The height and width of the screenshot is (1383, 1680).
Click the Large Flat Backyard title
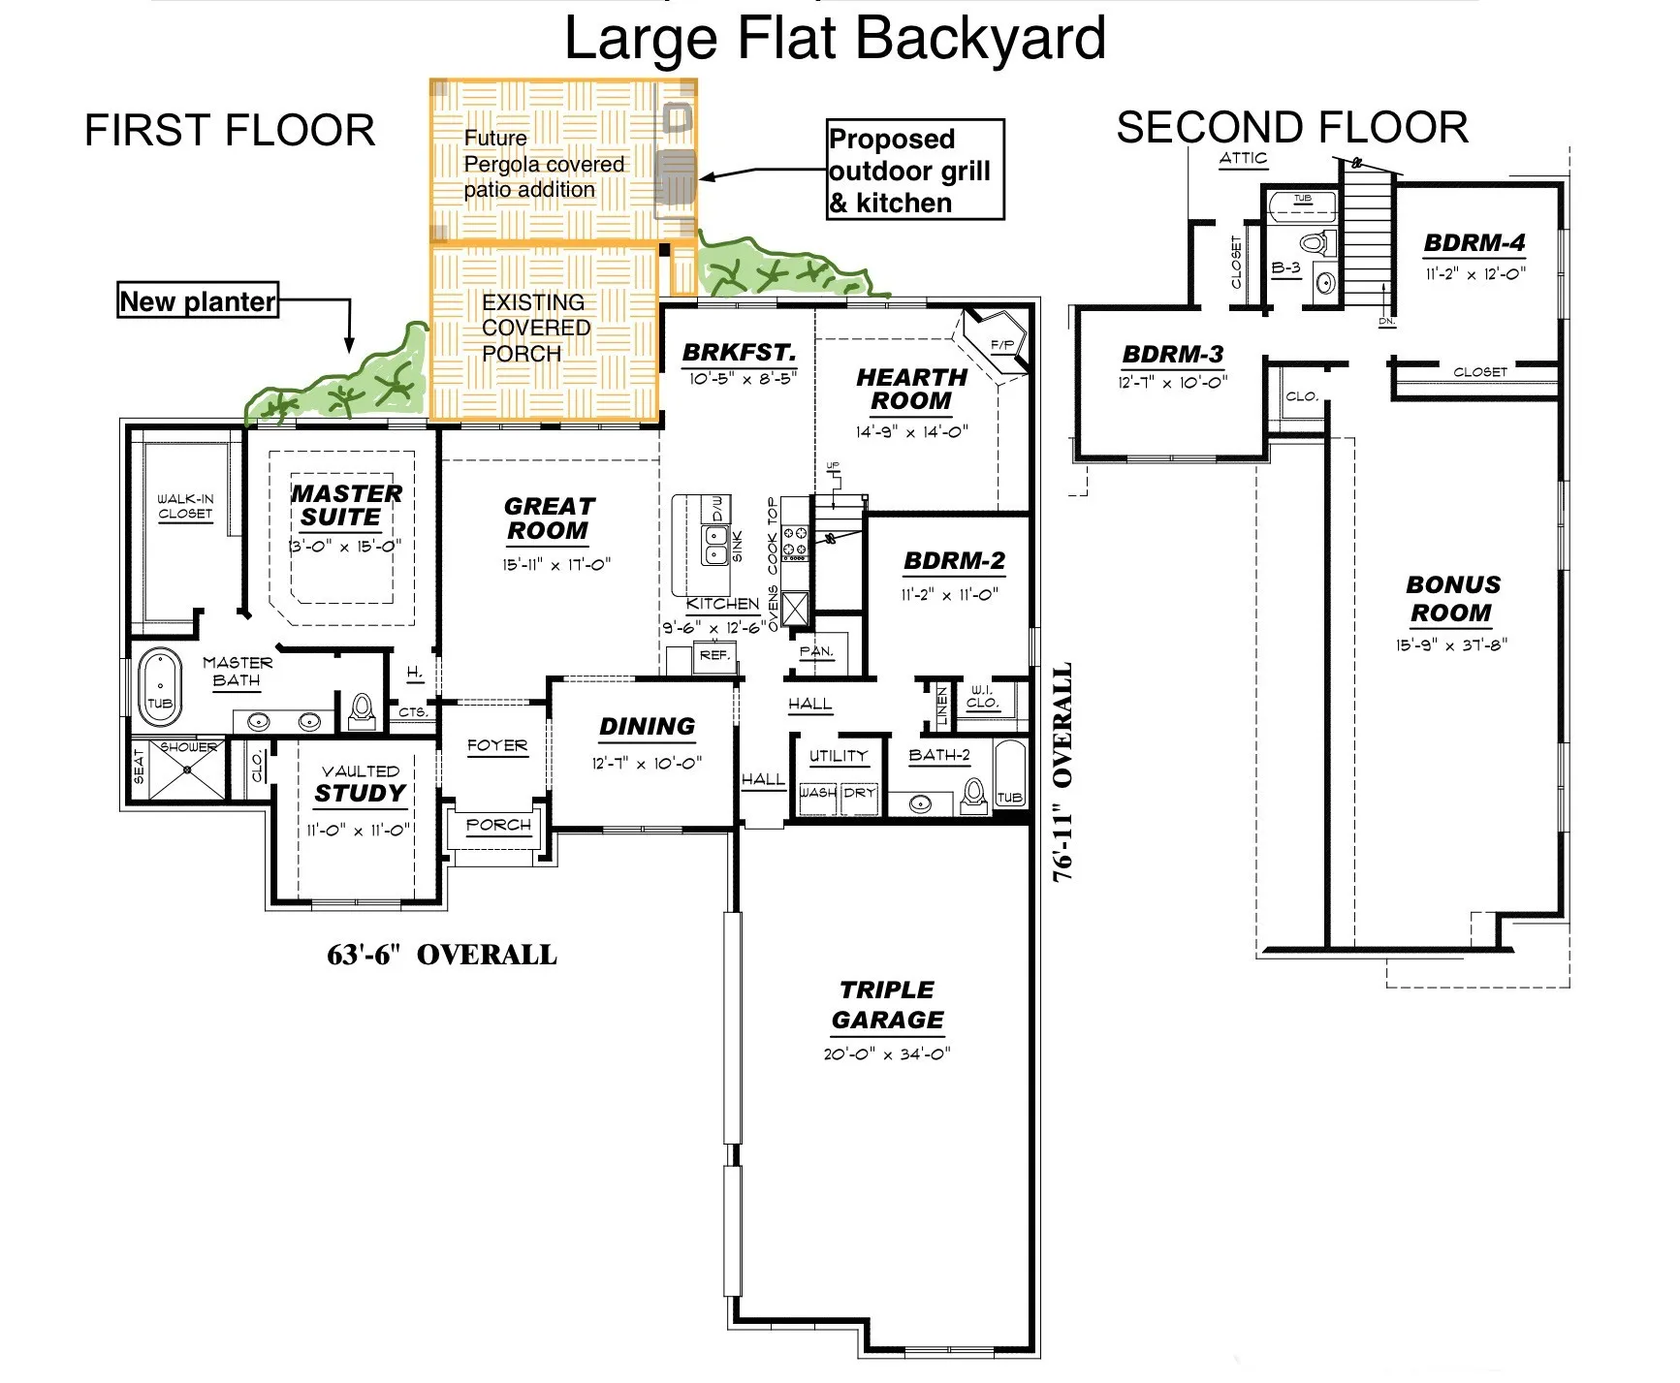[835, 39]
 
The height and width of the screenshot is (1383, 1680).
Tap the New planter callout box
[198, 301]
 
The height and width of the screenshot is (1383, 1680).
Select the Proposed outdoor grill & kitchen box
[914, 171]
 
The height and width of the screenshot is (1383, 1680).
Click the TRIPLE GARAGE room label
[887, 1005]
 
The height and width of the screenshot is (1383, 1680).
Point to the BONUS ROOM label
[1452, 599]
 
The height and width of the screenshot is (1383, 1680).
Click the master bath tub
[160, 686]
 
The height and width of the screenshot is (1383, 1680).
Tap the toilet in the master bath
[362, 710]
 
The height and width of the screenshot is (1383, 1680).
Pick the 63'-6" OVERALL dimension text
[442, 956]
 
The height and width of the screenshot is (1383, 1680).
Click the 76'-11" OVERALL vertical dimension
[1063, 772]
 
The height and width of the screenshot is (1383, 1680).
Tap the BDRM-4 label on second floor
[1474, 243]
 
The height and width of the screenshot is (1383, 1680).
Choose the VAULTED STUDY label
[360, 784]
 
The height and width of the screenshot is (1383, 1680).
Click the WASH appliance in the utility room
[817, 793]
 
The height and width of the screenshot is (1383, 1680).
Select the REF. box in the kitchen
[714, 656]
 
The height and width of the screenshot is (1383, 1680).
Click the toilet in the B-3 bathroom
[1315, 242]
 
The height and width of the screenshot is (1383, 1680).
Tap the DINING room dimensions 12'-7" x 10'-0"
[647, 764]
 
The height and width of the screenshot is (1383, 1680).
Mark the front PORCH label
[498, 825]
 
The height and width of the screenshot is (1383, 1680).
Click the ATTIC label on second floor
[1243, 158]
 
